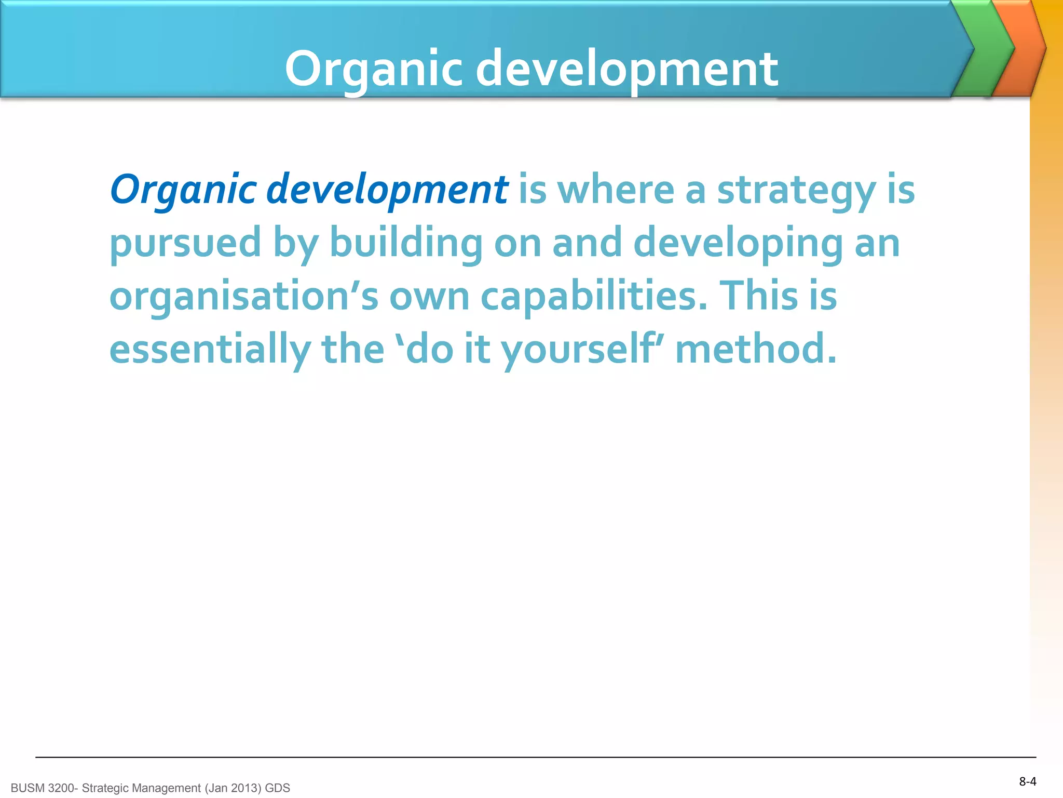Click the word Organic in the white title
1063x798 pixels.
(373, 69)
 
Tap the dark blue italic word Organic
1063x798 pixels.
(183, 190)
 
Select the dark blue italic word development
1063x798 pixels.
(387, 190)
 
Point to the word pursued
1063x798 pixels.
(185, 243)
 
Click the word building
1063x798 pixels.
(406, 243)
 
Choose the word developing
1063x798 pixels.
(738, 243)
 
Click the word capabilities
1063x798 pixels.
(594, 296)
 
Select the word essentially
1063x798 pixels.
(210, 349)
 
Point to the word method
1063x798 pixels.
(756, 349)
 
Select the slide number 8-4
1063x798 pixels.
(1027, 781)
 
